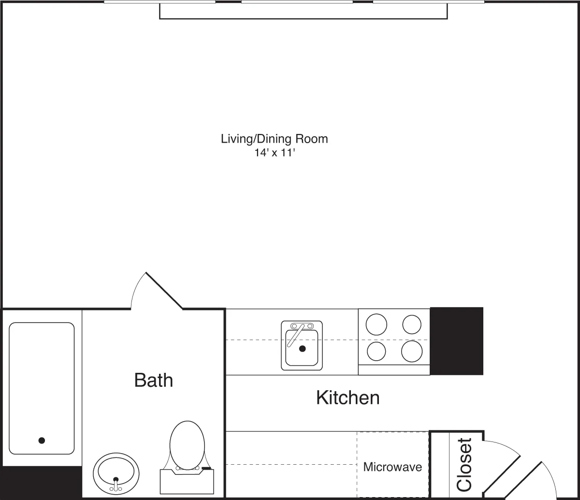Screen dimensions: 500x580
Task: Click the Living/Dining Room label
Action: [x=274, y=139]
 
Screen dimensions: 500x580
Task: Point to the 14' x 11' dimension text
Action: [x=274, y=152]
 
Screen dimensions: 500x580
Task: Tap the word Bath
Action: [x=153, y=380]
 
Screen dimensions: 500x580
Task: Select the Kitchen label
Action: [x=348, y=398]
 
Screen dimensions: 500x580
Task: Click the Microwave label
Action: [x=392, y=467]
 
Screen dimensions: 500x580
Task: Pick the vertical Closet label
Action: [x=464, y=464]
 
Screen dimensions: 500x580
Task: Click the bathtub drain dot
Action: [x=42, y=440]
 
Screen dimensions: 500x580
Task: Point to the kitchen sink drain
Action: [x=303, y=348]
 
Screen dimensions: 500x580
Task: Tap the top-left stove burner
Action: [x=377, y=324]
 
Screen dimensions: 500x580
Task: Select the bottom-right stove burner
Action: [x=412, y=351]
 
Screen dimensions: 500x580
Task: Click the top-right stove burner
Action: [x=412, y=324]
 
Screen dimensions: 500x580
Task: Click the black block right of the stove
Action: [x=456, y=341]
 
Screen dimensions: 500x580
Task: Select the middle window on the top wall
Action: [x=297, y=2]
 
